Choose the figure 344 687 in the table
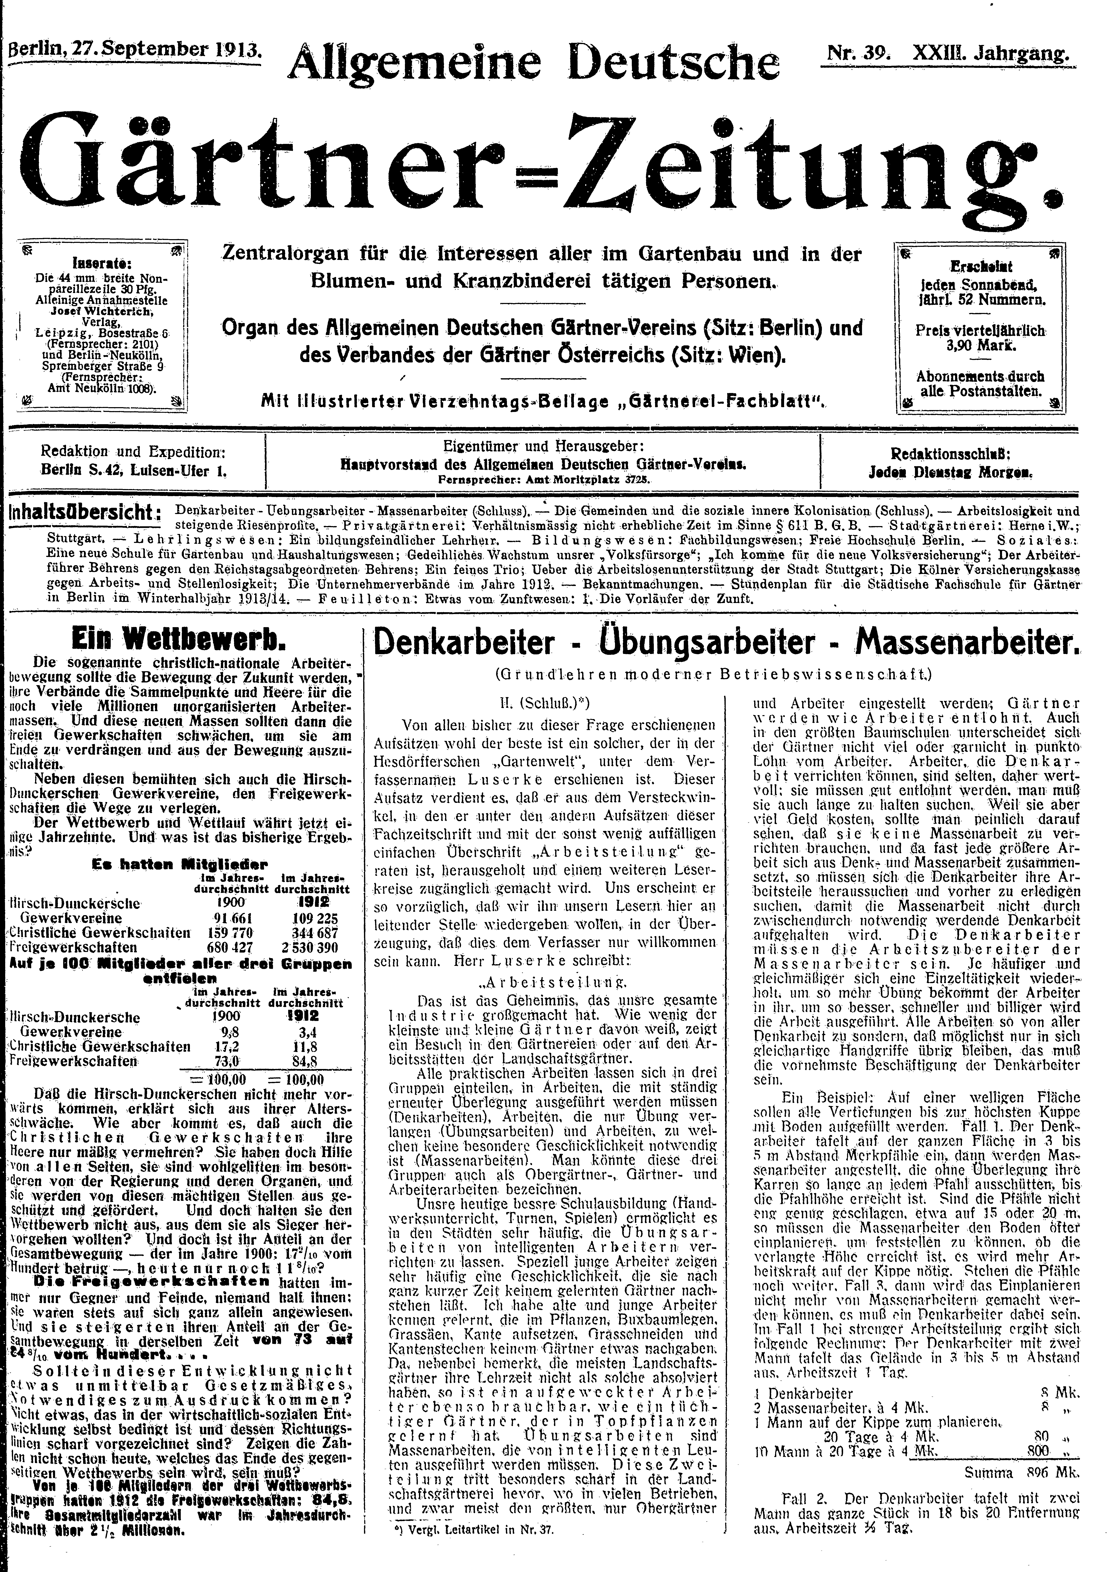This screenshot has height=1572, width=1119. click(309, 932)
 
